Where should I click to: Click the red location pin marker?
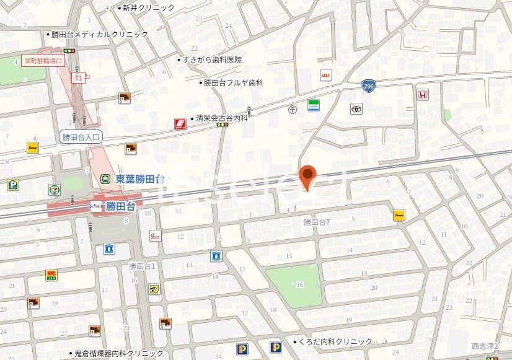307,177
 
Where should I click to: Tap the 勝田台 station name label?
120,206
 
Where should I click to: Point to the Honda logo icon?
422,95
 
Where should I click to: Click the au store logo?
325,75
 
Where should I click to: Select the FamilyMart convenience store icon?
314,105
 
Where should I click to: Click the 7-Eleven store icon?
55,188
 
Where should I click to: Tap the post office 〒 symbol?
293,109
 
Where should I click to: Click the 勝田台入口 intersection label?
81,136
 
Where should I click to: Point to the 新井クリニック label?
148,8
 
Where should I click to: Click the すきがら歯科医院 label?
212,60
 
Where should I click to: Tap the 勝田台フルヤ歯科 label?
234,82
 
